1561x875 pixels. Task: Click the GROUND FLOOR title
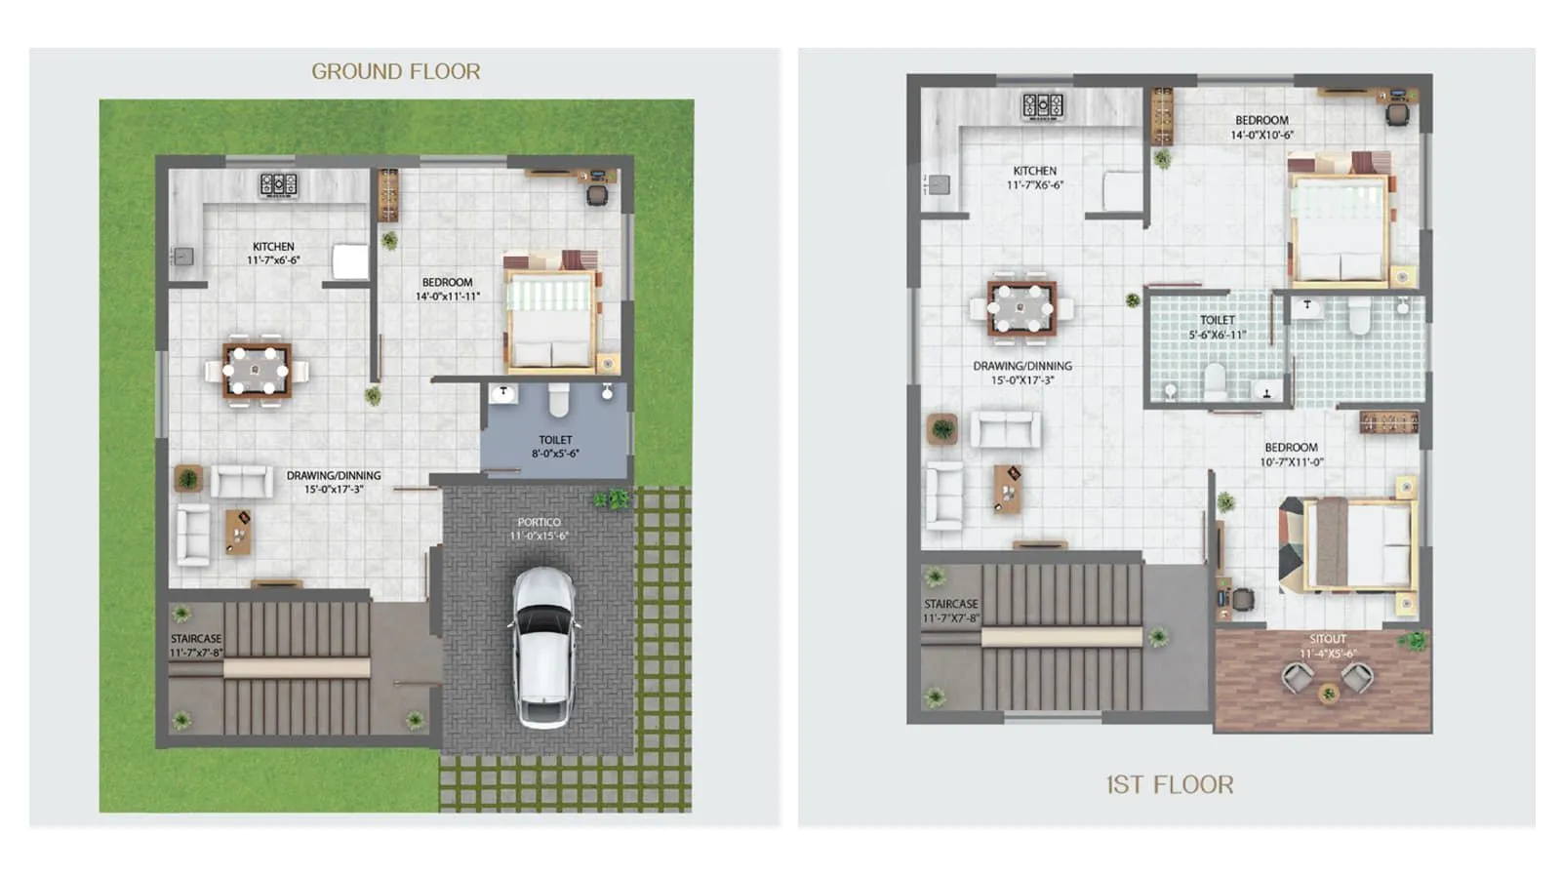coord(395,71)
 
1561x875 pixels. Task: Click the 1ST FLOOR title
coord(1169,784)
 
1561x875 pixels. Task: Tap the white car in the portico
coord(543,648)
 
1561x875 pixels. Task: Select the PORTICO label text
coord(539,522)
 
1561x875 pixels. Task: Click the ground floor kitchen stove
coord(278,184)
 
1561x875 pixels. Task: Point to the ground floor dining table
coord(256,371)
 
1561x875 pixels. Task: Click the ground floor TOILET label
coord(555,440)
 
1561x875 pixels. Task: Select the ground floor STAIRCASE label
coord(196,639)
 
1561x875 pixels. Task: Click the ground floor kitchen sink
coord(183,257)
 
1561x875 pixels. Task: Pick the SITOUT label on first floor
coord(1327,639)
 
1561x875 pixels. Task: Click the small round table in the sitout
coord(1327,694)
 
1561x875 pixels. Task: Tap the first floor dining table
coord(1021,309)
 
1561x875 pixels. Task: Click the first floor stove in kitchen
coord(1042,105)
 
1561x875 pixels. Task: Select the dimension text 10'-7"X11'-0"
coord(1291,462)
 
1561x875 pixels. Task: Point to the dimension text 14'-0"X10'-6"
coord(1261,136)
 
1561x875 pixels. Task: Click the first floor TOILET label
coord(1217,320)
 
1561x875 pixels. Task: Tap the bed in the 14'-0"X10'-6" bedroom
coord(1340,229)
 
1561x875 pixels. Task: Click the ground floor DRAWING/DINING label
coord(334,476)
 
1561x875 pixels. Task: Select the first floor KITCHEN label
coord(1034,171)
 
